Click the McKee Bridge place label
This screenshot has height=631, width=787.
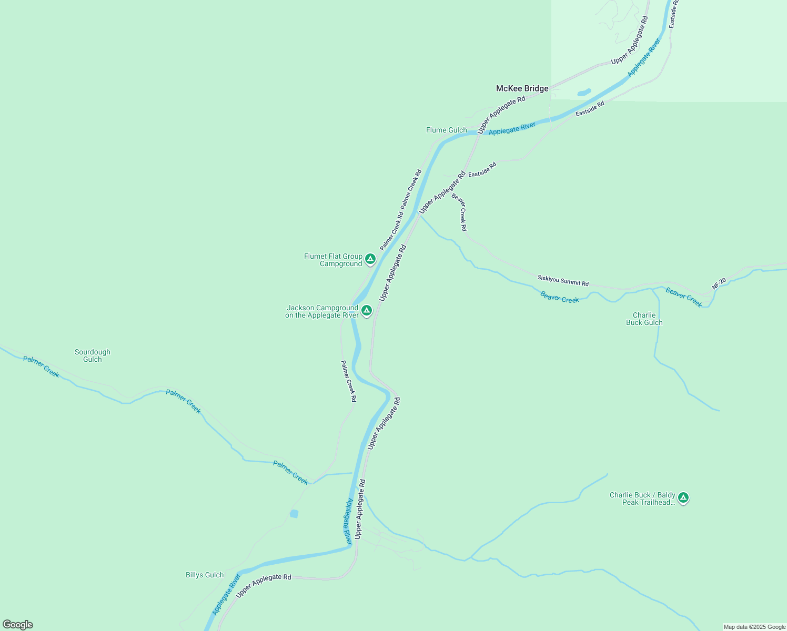click(522, 88)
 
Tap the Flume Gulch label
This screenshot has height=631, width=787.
click(446, 130)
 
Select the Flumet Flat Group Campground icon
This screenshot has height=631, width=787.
click(370, 259)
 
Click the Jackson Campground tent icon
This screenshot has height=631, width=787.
click(367, 310)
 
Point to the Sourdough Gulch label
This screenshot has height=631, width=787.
click(93, 355)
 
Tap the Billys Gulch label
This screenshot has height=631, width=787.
click(205, 575)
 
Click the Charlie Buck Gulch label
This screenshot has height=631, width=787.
click(644, 319)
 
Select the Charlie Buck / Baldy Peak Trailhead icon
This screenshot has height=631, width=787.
click(683, 497)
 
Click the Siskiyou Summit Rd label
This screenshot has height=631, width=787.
click(563, 280)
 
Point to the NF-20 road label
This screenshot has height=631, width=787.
click(719, 283)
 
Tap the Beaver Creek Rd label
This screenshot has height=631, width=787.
click(459, 212)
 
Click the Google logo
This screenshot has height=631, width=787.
click(18, 625)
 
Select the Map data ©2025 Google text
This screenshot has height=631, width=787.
click(754, 627)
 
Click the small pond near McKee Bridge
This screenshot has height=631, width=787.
click(584, 93)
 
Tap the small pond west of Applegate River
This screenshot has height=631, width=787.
click(294, 513)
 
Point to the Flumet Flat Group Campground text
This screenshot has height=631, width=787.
click(333, 260)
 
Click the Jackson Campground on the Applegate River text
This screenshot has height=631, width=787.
click(322, 311)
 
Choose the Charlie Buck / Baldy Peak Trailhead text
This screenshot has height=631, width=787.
click(642, 498)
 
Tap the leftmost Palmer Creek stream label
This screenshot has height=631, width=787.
click(41, 367)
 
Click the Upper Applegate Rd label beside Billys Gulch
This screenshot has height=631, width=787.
click(264, 585)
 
